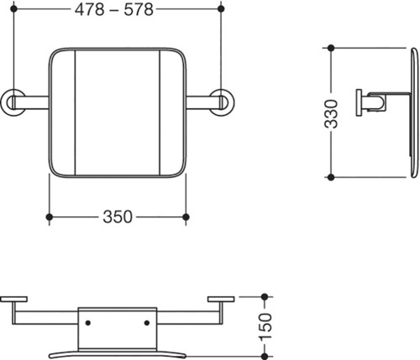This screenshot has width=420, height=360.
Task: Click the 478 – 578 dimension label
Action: (114, 10)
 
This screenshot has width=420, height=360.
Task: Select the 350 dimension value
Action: (118, 217)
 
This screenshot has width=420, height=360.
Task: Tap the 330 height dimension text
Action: (331, 114)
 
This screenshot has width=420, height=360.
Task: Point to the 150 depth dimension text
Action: (265, 326)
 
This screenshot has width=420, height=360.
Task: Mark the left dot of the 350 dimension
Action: (50, 217)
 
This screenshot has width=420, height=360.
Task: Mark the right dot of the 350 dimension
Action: (186, 217)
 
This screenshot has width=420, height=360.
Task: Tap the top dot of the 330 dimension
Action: (331, 48)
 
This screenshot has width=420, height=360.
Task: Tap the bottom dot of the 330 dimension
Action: (331, 177)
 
